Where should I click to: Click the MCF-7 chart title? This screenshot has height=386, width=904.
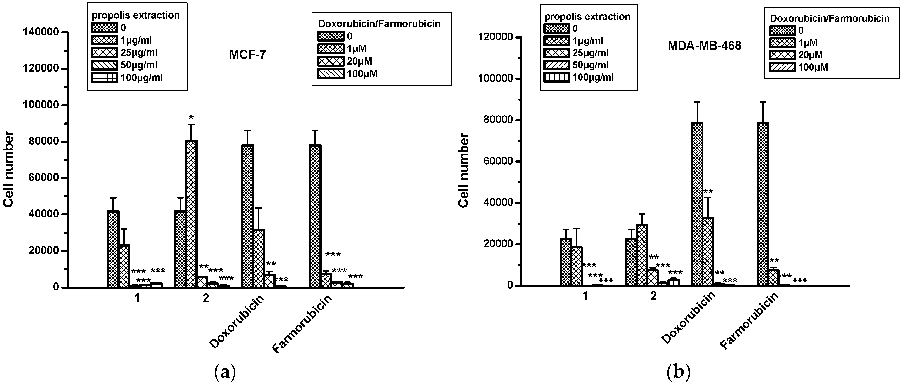click(247, 55)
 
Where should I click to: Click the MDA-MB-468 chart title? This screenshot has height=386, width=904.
click(704, 46)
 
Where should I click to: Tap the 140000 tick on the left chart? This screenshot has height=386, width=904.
click(40, 32)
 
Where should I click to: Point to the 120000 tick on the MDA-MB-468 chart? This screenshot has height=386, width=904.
click(495, 37)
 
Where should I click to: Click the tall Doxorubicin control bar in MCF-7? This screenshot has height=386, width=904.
click(247, 216)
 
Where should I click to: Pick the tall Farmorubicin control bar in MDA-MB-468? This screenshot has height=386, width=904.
click(763, 204)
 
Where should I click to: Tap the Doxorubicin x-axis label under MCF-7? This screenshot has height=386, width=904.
click(237, 322)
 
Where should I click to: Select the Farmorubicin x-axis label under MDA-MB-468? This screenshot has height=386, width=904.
click(749, 321)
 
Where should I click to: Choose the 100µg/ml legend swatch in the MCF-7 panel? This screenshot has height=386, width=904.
click(104, 77)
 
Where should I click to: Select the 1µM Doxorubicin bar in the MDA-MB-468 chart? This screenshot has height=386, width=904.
click(708, 251)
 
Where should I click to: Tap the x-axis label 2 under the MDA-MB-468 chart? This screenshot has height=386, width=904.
click(653, 296)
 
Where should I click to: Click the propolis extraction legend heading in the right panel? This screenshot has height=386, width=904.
click(587, 17)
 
